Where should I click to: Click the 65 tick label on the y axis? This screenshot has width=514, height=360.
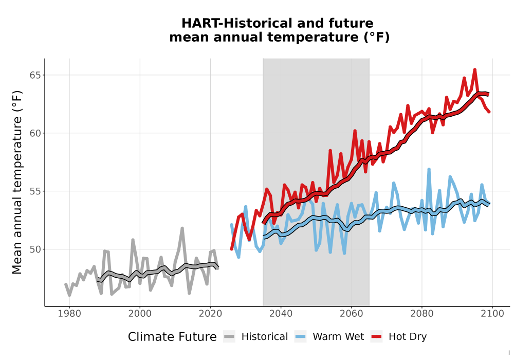pos(35,75)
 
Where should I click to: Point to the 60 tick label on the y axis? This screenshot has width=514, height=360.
pos(35,133)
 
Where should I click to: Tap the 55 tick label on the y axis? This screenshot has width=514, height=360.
pos(35,191)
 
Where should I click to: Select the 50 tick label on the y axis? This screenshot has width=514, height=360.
pos(35,249)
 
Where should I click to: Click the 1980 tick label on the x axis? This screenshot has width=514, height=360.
pos(69,314)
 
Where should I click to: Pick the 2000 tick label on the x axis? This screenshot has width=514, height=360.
pos(140,314)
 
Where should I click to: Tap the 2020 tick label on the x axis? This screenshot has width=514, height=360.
pos(210,314)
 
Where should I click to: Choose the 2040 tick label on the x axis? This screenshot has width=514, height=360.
pos(281,314)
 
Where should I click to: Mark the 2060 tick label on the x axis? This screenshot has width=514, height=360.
pos(351,314)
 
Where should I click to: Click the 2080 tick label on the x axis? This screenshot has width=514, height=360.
pos(422,314)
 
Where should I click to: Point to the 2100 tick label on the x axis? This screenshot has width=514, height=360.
pos(492,314)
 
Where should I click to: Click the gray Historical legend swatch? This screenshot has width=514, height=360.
pos(229,337)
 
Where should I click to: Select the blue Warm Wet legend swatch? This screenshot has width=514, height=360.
pos(300,337)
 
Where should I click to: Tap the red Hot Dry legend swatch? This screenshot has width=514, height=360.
pos(377,337)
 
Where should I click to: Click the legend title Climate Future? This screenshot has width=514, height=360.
pos(172,337)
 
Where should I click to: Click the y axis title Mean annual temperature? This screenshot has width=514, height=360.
pos(17,182)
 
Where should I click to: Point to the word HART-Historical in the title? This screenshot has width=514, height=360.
pos(235,23)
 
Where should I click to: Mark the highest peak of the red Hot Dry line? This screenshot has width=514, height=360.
pos(474,70)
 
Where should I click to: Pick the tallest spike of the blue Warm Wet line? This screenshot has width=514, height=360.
pos(429,170)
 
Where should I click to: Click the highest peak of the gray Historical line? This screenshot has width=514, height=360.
pos(182,228)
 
